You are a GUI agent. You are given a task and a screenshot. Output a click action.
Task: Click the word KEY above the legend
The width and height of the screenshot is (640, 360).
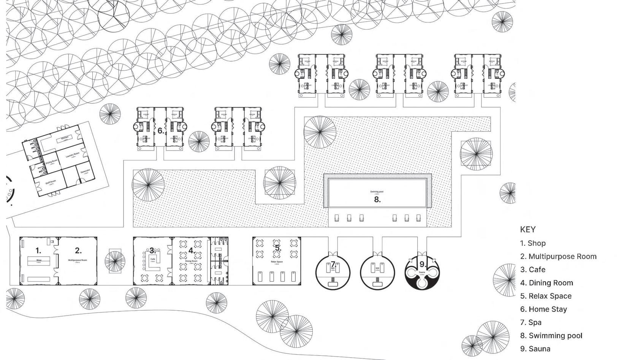coord(528,230)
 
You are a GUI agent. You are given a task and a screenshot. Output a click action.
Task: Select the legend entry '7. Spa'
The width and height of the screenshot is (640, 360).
coord(531,322)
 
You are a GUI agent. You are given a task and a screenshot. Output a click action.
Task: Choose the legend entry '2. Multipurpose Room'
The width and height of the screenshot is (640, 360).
coord(558,257)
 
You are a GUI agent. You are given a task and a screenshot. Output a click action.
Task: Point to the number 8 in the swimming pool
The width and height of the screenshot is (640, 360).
coord(377,200)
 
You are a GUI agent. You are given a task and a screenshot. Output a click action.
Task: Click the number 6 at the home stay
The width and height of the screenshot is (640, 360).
coord(160,131)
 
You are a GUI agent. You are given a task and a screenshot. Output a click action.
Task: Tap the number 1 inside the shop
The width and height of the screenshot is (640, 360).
coord(38,251)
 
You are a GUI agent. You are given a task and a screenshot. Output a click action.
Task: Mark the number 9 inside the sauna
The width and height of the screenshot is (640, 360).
coord(422,264)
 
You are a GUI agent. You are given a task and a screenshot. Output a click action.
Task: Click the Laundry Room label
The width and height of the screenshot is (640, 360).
coord(72,155)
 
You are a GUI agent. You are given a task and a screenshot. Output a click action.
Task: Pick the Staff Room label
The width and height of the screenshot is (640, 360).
coord(51,182)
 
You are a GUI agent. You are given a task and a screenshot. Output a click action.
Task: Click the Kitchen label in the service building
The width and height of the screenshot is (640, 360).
coord(65,138)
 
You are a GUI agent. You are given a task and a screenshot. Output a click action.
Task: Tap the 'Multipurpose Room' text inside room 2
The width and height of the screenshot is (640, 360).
coord(78,260)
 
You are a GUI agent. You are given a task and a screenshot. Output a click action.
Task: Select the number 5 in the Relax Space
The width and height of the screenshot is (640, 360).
coord(278,249)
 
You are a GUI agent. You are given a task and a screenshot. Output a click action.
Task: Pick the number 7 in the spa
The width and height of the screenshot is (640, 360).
coord(333,264)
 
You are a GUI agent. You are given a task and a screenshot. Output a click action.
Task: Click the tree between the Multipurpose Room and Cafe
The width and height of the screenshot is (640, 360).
coord(114,261)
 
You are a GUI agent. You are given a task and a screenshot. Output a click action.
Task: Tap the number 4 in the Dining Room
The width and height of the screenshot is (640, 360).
coord(191,251)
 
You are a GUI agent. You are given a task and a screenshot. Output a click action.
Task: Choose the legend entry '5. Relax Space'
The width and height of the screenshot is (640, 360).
coord(545,296)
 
